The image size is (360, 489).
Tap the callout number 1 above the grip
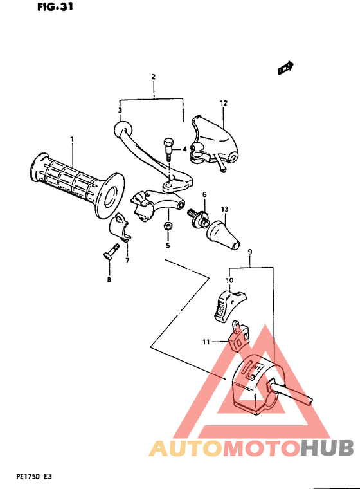[72, 140]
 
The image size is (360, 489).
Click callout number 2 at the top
[154, 77]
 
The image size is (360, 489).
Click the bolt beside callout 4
[168, 149]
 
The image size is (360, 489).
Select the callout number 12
[224, 103]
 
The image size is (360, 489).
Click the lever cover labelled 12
[212, 136]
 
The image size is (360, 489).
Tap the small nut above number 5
[167, 226]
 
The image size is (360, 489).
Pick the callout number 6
[204, 194]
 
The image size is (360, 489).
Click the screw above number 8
[111, 252]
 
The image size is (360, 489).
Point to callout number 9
[249, 253]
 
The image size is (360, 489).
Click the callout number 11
[206, 342]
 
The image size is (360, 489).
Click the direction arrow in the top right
[285, 67]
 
